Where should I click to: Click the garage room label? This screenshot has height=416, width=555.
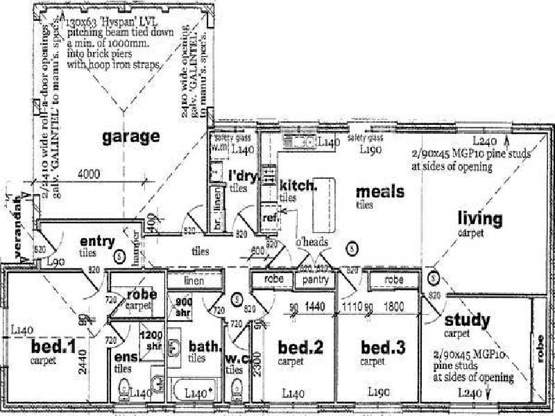[x=131, y=137]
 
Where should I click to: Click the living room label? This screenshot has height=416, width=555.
[x=479, y=220]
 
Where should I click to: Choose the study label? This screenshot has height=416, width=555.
[x=467, y=321]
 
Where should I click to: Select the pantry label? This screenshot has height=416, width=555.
[x=315, y=279]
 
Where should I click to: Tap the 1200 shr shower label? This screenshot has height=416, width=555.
[x=151, y=339]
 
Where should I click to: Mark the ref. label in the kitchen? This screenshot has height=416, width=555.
[x=270, y=218]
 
